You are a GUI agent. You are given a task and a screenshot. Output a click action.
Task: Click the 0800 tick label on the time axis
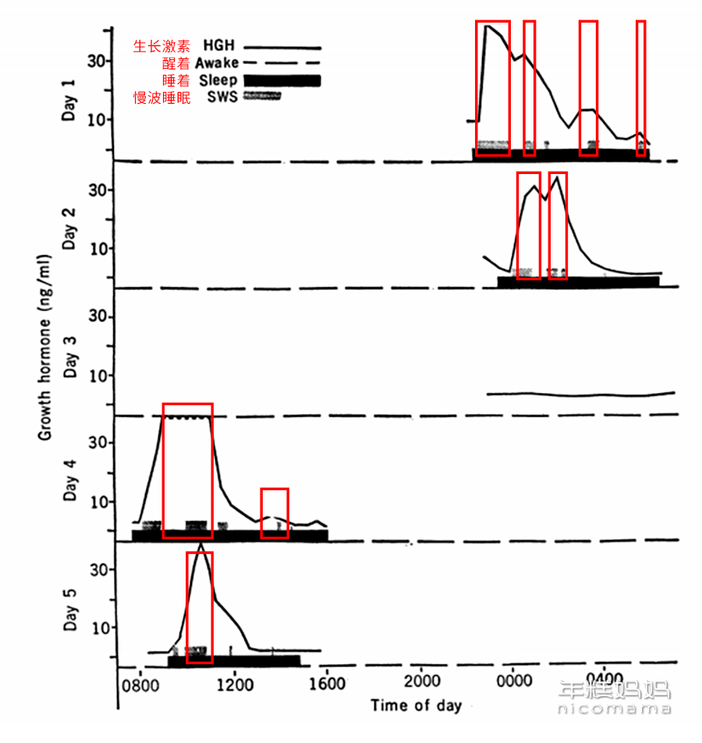pos(140,686)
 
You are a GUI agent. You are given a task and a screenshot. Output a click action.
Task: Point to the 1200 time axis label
pos(235,684)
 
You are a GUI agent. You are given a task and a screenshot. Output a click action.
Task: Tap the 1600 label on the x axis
pos(328,684)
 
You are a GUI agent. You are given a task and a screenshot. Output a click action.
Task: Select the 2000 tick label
pos(422,681)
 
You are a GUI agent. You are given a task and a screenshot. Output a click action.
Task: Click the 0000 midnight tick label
pos(515,681)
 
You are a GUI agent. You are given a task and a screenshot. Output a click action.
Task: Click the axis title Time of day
pos(417,706)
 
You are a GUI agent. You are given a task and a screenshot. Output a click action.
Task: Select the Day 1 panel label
pos(69,101)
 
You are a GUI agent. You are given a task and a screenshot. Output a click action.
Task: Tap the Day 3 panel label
pos(70,357)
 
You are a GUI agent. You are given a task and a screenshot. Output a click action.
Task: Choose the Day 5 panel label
pos(70,610)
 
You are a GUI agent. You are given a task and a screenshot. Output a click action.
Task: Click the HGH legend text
pos(219,45)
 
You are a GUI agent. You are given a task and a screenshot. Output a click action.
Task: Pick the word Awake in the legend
pos(217,62)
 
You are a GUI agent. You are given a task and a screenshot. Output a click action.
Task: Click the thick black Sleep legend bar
pos(282,80)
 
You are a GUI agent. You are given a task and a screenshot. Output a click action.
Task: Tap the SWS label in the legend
pos(222,97)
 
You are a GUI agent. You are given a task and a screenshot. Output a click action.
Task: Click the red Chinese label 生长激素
pos(161,46)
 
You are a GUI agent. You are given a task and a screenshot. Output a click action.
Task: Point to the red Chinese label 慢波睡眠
pos(161,98)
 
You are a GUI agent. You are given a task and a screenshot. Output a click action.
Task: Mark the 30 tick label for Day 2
pos(98,190)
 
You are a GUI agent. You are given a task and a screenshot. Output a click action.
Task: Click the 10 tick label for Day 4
pos(100,502)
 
